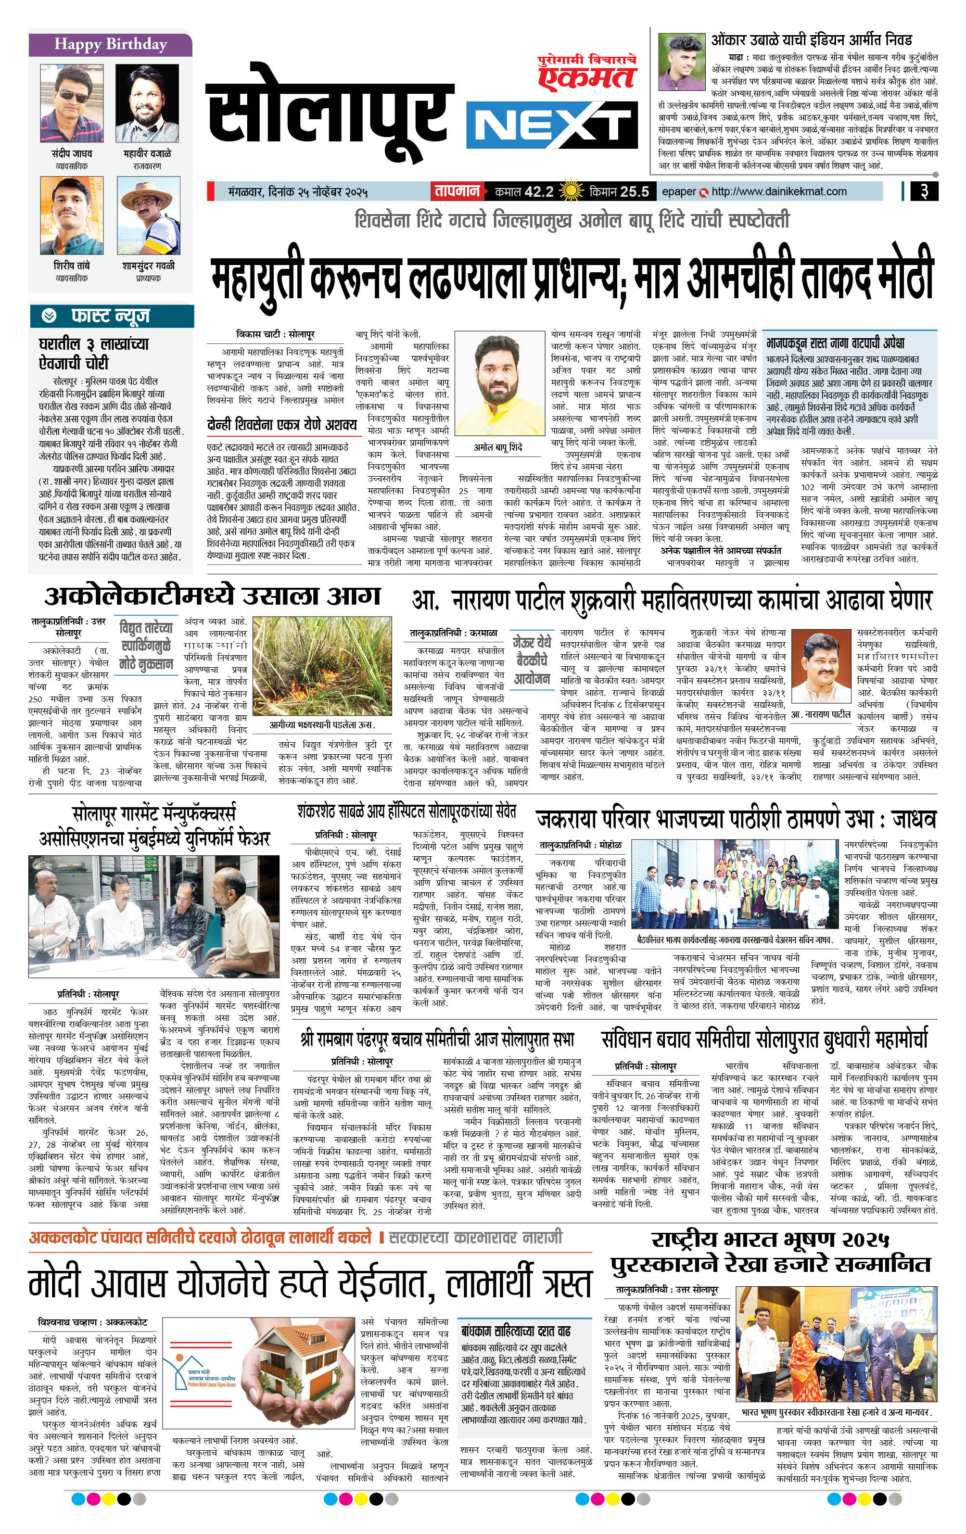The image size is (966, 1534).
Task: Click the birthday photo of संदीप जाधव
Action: pyautogui.click(x=71, y=104)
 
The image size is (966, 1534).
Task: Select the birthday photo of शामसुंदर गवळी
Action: pyautogui.click(x=148, y=216)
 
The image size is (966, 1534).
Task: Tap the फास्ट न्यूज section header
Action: pyautogui.click(x=112, y=316)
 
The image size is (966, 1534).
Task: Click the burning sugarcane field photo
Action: pyautogui.click(x=322, y=666)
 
